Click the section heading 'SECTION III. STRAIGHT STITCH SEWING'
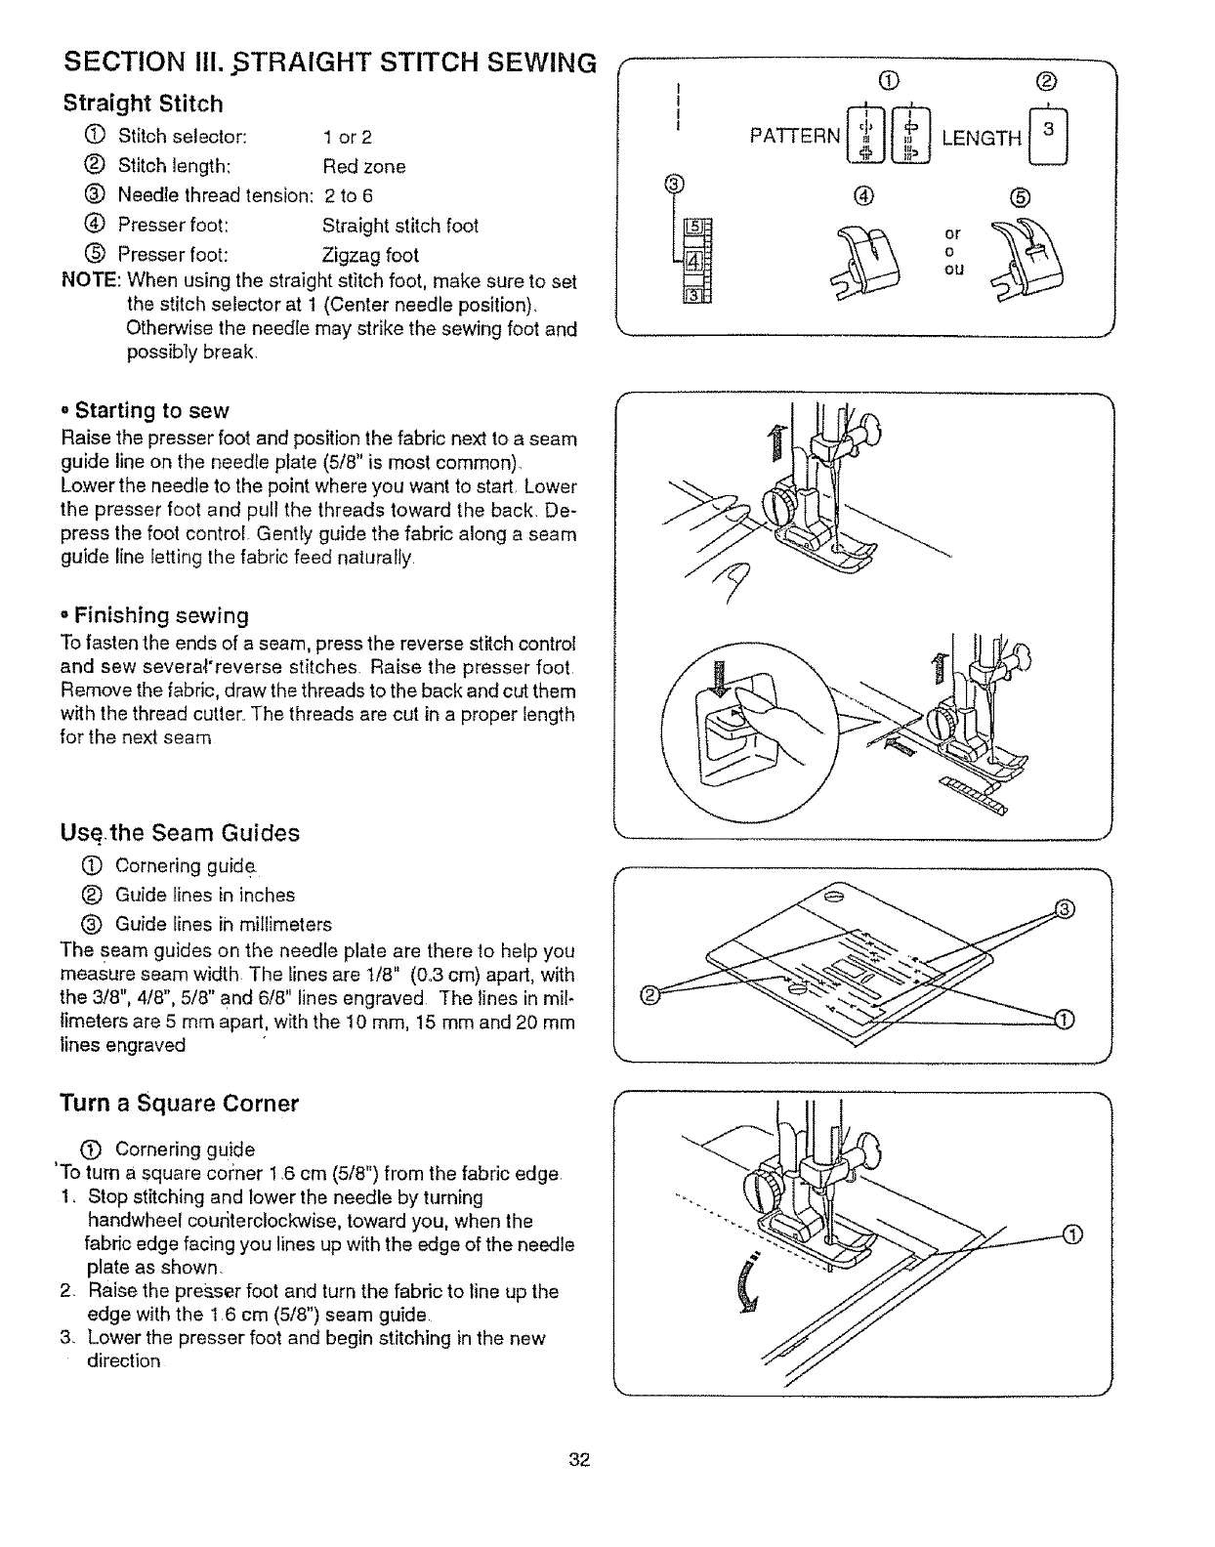coord(329,63)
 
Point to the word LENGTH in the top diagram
coord(981,138)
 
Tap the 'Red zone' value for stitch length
coord(363,166)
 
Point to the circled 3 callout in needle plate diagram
coord(1066,910)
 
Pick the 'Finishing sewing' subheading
coord(161,615)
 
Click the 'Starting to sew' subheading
coord(151,409)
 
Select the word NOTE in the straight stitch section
coord(89,281)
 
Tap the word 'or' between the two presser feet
coord(952,233)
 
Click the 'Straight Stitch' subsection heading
coord(143,104)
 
